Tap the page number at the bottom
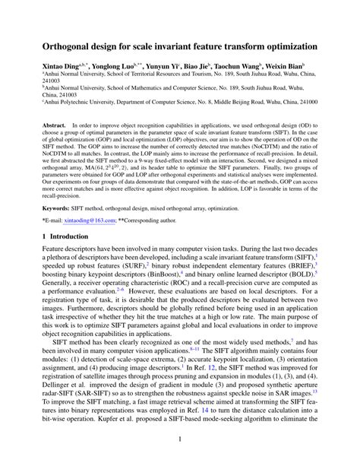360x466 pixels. pos(180,439)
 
